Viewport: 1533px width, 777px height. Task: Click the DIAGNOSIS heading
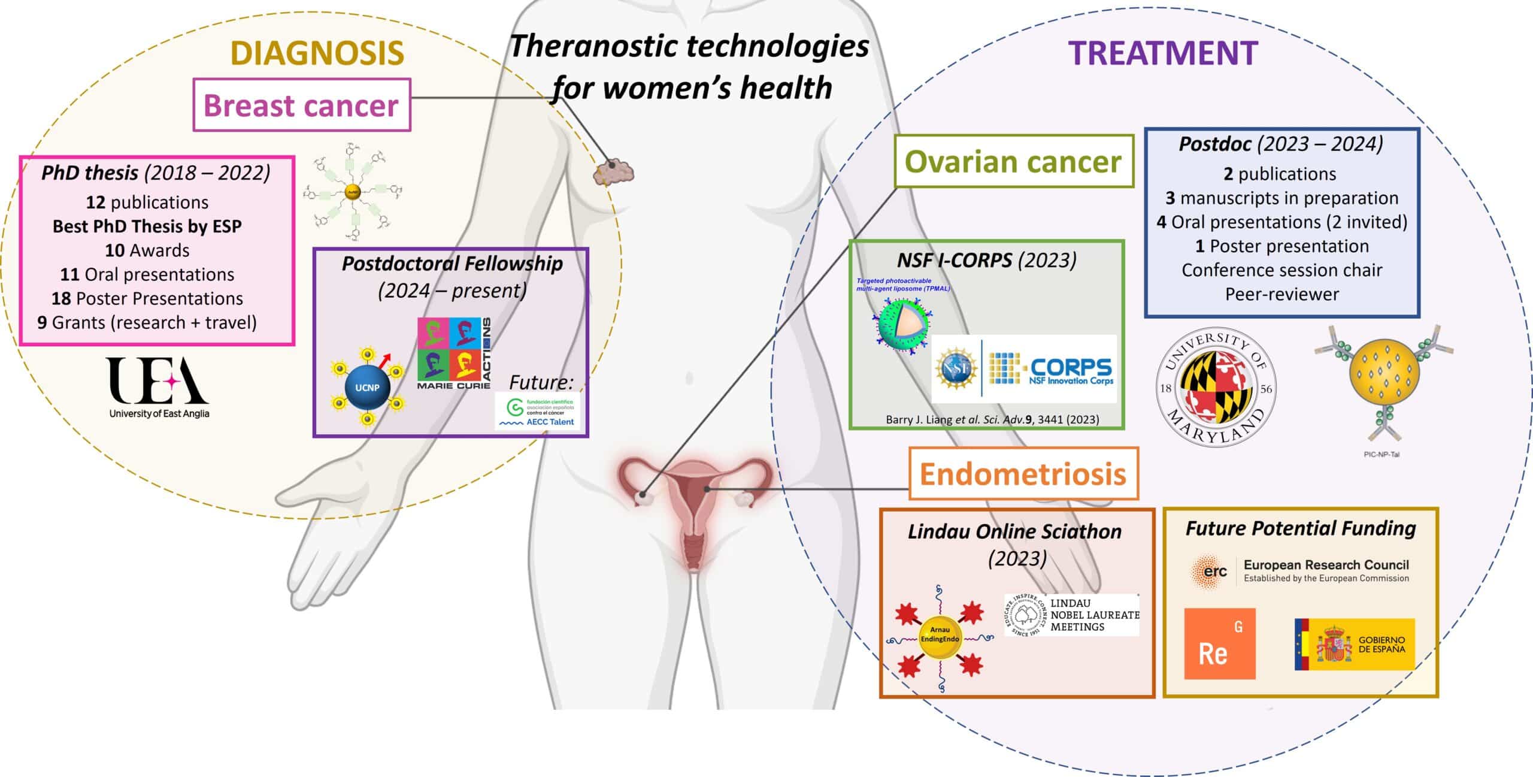[x=317, y=53]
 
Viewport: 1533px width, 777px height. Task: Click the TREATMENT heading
[x=1162, y=53]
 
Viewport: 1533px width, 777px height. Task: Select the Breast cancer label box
[x=301, y=105]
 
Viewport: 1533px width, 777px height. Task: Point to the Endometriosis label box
[x=1023, y=474]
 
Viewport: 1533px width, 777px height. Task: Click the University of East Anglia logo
[x=159, y=387]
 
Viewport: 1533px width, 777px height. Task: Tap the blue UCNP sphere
[x=366, y=387]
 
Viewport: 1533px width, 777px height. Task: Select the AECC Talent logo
[x=538, y=411]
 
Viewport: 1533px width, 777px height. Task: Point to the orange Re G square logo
[x=1220, y=644]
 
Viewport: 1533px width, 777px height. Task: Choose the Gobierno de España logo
[x=1355, y=645]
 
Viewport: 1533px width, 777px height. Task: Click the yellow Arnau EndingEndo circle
[x=939, y=634]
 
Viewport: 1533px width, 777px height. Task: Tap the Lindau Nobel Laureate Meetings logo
[x=1071, y=615]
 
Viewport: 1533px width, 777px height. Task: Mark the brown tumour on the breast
[x=613, y=171]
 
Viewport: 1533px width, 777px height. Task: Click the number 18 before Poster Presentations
[x=61, y=298]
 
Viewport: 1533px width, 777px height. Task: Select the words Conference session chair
[x=1281, y=270]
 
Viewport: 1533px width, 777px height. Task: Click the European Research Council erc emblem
[x=1209, y=572]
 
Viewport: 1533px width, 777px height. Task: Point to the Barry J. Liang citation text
[x=992, y=419]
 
